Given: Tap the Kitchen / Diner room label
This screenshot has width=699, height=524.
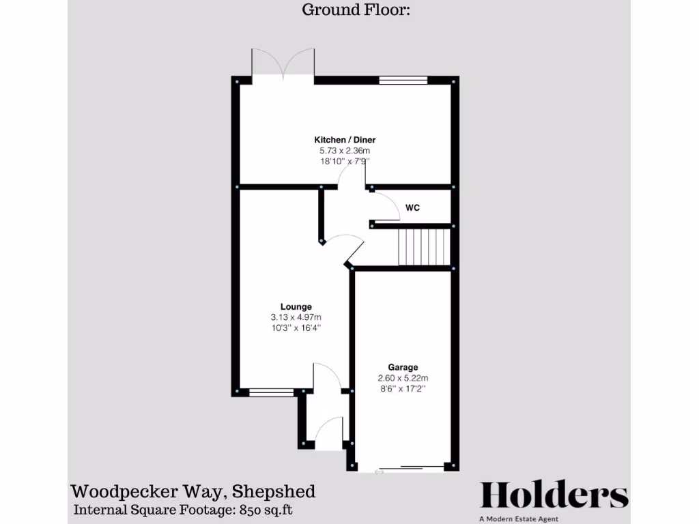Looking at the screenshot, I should pos(345,140).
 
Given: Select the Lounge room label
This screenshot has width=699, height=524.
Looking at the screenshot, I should pos(296,306).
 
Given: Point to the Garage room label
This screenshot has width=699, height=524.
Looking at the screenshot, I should pos(403,367).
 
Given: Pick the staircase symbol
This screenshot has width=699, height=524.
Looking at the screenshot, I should pos(425,247).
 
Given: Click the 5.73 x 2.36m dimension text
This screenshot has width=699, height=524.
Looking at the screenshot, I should pos(345,151).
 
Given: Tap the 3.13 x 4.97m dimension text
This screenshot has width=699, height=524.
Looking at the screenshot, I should pos(296,317).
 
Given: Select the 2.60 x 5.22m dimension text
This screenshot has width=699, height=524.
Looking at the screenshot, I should pos(403,378).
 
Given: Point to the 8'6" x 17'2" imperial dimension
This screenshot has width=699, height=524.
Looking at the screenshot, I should pos(403,389).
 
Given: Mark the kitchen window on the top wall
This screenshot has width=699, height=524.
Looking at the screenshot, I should pos(403,80).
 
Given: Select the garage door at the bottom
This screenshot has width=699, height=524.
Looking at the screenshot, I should pos(403,468).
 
